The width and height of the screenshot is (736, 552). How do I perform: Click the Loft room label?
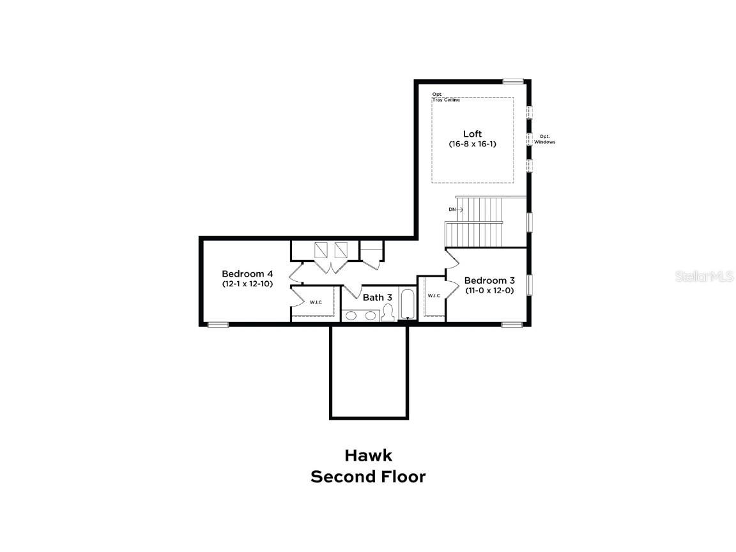[x=472, y=134]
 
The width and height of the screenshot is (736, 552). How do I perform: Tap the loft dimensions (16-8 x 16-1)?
[x=472, y=144]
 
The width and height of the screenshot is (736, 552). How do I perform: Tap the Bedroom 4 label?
[x=247, y=273]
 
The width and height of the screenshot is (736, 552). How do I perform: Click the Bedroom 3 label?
[x=489, y=280]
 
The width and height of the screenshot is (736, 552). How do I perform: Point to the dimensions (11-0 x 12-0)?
[x=489, y=291]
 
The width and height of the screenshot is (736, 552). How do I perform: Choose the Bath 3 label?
[x=378, y=297]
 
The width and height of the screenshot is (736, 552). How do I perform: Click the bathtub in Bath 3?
[x=407, y=305]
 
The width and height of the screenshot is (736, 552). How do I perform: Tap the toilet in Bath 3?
[x=387, y=313]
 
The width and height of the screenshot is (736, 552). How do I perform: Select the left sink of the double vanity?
[x=352, y=315]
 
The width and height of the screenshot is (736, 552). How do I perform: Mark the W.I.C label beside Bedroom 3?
[x=434, y=295]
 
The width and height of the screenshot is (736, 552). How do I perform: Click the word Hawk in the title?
[x=368, y=456]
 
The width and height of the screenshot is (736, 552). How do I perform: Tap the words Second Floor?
[x=368, y=477]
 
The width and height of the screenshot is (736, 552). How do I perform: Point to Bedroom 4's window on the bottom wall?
[x=218, y=325]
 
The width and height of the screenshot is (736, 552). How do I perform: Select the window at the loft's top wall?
[x=512, y=81]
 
